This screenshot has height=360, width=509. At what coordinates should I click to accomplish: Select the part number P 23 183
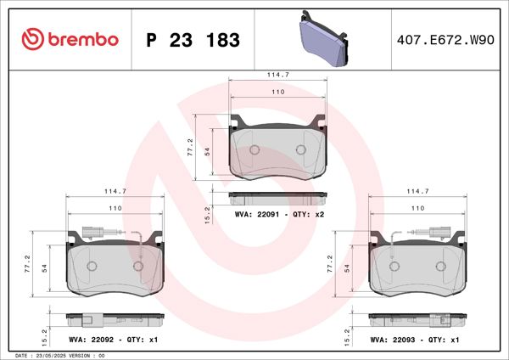[193, 41]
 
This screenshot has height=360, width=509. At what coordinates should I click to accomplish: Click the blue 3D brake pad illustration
[325, 41]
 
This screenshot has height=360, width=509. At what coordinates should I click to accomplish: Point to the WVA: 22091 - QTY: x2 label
[279, 216]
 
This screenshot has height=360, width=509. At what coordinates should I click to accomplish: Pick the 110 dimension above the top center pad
[278, 91]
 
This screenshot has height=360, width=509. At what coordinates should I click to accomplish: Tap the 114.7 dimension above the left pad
[115, 192]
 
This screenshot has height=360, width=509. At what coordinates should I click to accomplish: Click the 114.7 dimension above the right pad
[417, 192]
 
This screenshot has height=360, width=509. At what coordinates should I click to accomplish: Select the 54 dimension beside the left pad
[44, 268]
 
